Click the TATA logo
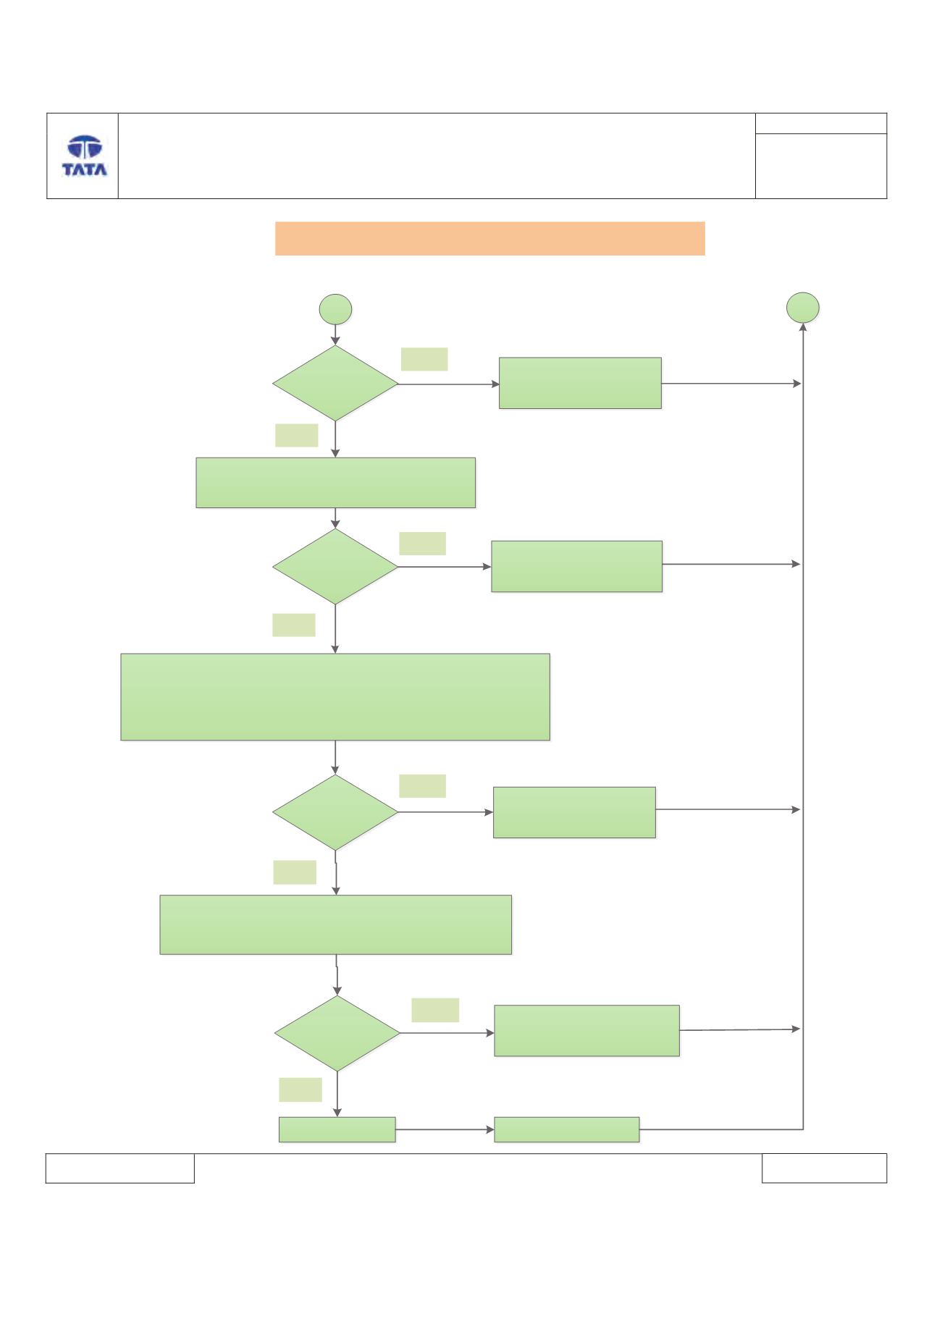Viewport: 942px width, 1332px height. (85, 156)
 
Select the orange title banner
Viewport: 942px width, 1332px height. (490, 239)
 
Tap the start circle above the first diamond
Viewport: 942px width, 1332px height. (336, 310)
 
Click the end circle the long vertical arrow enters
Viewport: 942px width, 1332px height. (803, 308)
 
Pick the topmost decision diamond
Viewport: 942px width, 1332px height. (335, 383)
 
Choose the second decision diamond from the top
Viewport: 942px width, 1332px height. (335, 566)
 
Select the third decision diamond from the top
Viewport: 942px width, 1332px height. (335, 812)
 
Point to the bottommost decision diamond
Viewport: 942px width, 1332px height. (337, 1033)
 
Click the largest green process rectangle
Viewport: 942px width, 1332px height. (335, 696)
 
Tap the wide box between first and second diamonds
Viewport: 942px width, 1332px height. (336, 482)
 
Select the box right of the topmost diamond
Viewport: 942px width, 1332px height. (580, 383)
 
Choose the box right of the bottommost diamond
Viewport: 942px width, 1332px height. (586, 1030)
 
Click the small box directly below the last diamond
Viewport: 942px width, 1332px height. (337, 1129)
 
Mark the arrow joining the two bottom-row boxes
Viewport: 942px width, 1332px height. (445, 1129)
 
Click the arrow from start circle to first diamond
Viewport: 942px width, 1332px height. (336, 335)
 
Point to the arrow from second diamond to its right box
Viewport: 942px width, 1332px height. (445, 566)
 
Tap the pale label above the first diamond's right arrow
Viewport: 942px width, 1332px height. (424, 359)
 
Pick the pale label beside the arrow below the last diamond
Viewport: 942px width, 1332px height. (300, 1089)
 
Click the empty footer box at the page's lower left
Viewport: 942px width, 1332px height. (120, 1168)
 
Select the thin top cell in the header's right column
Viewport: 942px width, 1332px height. (821, 123)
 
